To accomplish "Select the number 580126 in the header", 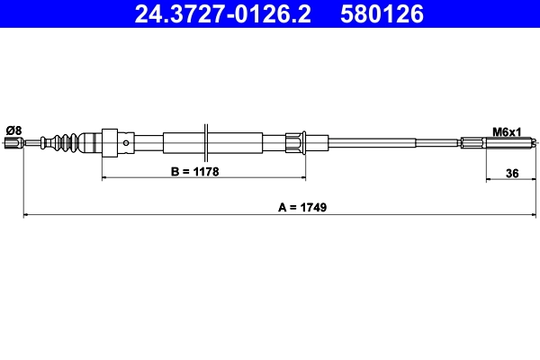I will coord(378,14).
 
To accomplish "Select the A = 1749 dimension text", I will coord(301,206).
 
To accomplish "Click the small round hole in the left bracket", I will coord(125,142).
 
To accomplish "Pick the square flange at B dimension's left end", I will coord(110,142).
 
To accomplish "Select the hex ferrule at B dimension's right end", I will coord(293,142).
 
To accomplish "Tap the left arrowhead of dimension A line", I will coord(26,215).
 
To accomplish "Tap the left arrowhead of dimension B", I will coord(106,178).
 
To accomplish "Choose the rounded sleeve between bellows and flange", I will coord(91,142).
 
